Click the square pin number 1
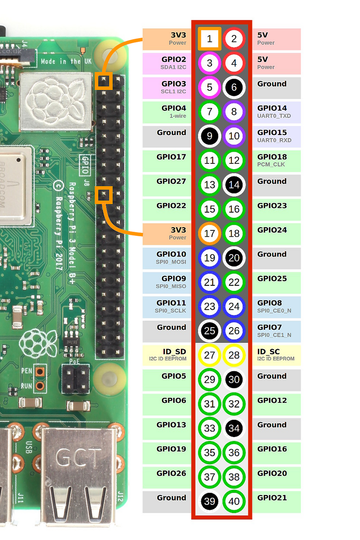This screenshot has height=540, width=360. pyautogui.click(x=210, y=39)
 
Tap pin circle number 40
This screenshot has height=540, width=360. pyautogui.click(x=234, y=502)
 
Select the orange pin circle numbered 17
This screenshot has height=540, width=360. pyautogui.click(x=210, y=234)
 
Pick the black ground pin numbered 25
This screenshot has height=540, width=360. pyautogui.click(x=210, y=331)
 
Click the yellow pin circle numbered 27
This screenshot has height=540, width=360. pyautogui.click(x=210, y=355)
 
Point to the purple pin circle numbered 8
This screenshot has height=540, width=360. pyautogui.click(x=234, y=112)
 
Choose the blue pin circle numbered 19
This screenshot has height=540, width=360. pyautogui.click(x=210, y=258)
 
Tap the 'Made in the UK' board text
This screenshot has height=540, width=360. pyautogui.click(x=61, y=61)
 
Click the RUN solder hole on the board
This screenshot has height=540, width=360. pyautogui.click(x=40, y=386)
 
